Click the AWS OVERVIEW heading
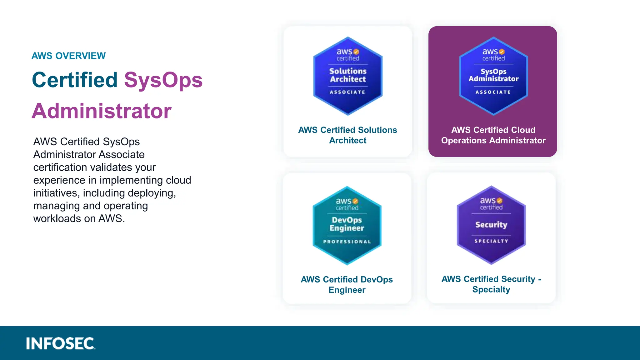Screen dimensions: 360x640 click(x=68, y=56)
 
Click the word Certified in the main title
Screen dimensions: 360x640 click(x=75, y=80)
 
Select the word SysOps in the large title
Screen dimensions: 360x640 click(x=163, y=80)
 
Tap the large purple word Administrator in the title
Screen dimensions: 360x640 click(x=102, y=111)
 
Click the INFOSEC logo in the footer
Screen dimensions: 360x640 click(x=60, y=343)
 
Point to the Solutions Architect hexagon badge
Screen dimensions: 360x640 click(x=348, y=76)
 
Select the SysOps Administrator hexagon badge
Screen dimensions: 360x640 click(x=493, y=76)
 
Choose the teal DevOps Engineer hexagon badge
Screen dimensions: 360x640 click(x=347, y=225)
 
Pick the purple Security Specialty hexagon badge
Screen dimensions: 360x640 click(x=491, y=225)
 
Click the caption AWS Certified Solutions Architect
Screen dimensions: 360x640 click(x=347, y=135)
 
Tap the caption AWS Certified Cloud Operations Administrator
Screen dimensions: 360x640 click(x=493, y=135)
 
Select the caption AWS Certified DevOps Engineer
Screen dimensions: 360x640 click(x=347, y=284)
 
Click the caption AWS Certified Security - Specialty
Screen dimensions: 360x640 click(x=491, y=284)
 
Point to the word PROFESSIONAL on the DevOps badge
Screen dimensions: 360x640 click(x=347, y=242)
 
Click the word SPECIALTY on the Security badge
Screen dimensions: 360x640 click(x=491, y=241)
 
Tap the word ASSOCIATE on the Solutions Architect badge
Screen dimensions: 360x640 click(x=347, y=92)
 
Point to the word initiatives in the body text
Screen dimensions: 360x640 click(x=55, y=193)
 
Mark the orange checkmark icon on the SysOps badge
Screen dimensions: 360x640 click(x=502, y=52)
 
